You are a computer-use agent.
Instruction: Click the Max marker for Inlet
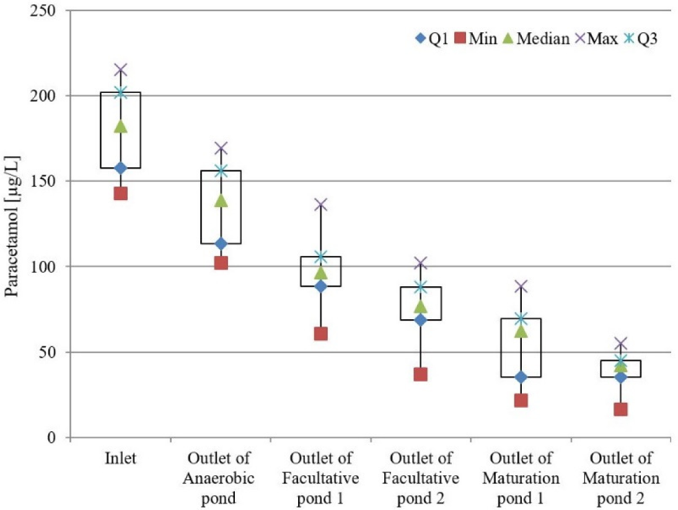coord(120,69)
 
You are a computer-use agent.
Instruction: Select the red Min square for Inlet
coord(120,193)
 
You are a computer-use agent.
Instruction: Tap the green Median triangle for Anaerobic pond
coord(221,200)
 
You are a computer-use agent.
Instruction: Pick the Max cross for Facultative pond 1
coord(320,204)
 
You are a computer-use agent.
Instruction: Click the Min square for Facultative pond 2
coord(421,374)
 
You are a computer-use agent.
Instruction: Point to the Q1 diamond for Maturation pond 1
coord(521,377)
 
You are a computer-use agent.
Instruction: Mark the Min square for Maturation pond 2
coord(620,409)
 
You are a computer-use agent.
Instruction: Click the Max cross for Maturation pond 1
coord(521,286)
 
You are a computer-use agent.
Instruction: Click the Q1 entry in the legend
coord(431,40)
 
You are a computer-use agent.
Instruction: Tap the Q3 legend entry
coord(642,40)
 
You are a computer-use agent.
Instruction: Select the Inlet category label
coord(120,459)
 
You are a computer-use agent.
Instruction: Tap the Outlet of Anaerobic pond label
coord(221,478)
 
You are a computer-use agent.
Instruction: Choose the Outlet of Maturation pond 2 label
coord(620,478)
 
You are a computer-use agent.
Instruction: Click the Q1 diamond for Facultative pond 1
coord(320,286)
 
